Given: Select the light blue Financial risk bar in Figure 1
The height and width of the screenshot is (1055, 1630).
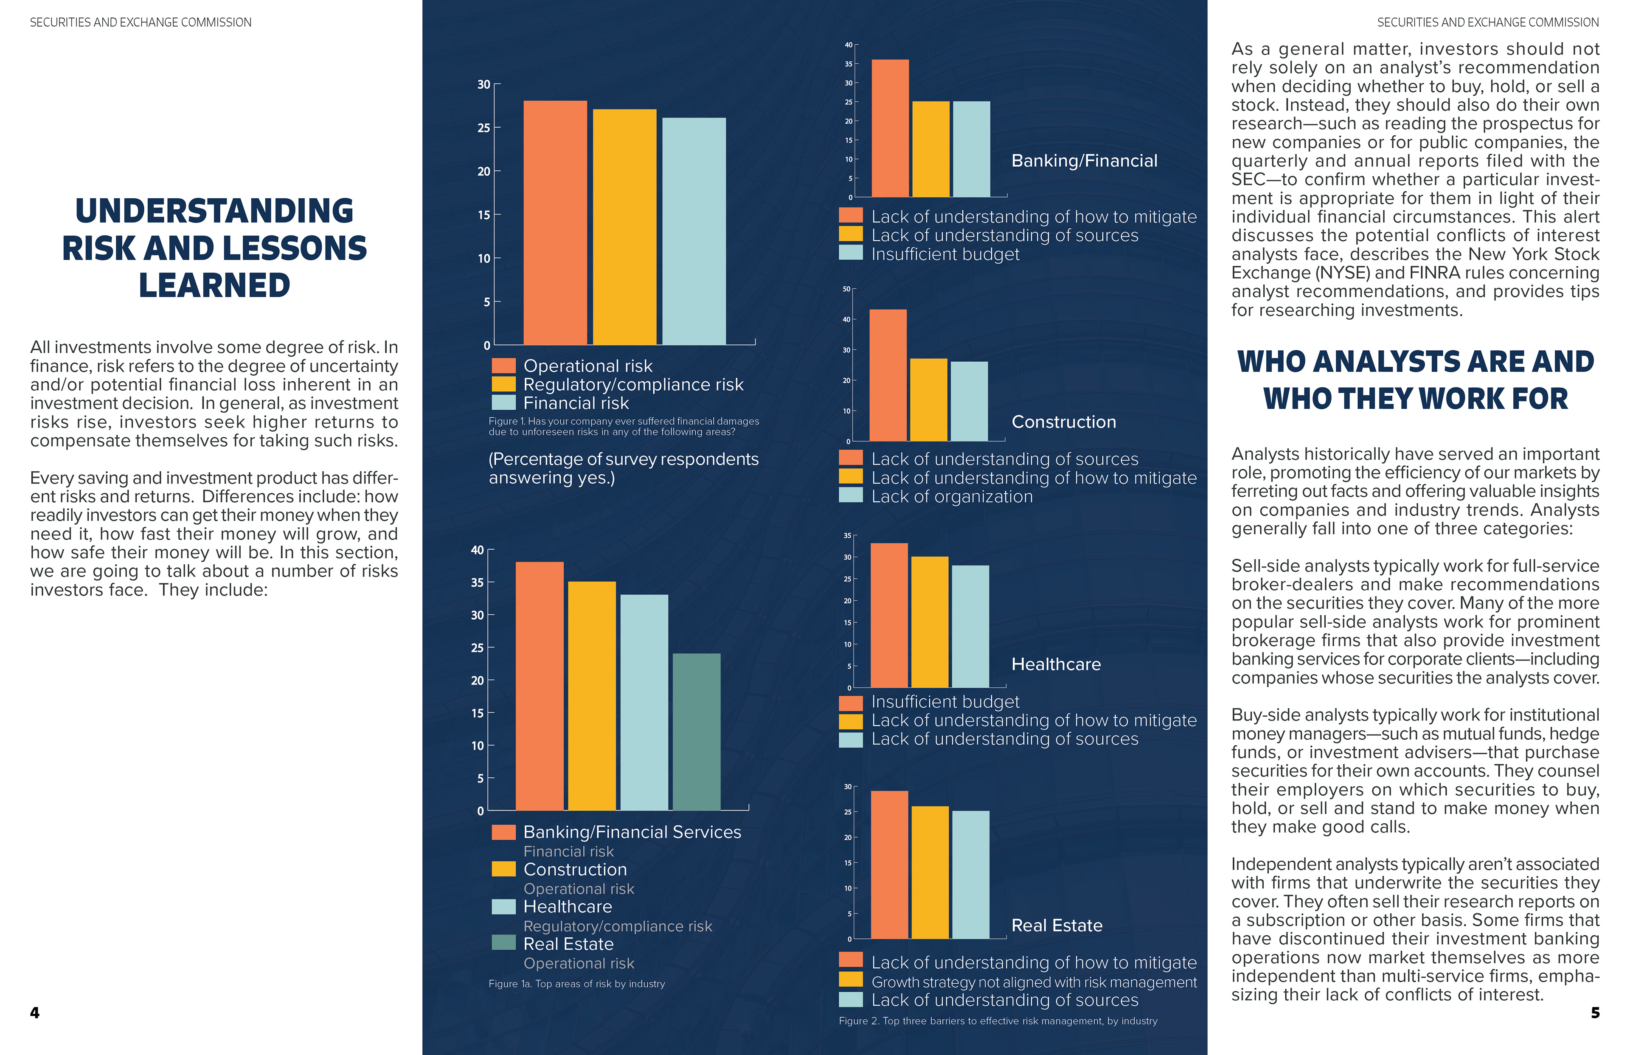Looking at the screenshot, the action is pyautogui.click(x=694, y=231).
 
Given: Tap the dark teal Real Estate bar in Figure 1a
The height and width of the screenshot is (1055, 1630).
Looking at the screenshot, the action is pyautogui.click(x=697, y=731).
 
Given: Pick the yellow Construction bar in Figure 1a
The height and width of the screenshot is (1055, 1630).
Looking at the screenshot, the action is pyautogui.click(x=592, y=696).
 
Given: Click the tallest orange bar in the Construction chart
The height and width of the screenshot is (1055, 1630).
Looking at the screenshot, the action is pyautogui.click(x=888, y=375).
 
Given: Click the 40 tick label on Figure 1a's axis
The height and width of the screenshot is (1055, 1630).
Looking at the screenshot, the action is pyautogui.click(x=478, y=550).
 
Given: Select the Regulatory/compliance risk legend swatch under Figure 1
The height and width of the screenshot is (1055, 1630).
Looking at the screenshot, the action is pyautogui.click(x=503, y=384).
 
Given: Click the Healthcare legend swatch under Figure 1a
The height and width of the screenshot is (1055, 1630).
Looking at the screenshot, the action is pyautogui.click(x=503, y=906).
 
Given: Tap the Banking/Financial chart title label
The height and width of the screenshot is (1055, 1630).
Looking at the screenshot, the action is pyautogui.click(x=1084, y=161).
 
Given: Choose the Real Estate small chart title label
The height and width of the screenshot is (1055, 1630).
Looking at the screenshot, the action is pyautogui.click(x=1057, y=926).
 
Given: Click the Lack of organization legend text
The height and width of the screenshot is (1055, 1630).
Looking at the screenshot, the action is pyautogui.click(x=952, y=497).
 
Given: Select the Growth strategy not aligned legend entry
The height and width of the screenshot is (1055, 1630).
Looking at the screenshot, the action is pyautogui.click(x=1034, y=982).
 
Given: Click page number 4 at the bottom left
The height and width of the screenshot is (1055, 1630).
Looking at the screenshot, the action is pyautogui.click(x=35, y=1013).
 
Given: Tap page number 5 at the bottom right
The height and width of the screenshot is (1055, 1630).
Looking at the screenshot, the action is pyautogui.click(x=1595, y=1013).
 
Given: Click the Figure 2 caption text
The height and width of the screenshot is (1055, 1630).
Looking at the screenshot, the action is pyautogui.click(x=998, y=1021).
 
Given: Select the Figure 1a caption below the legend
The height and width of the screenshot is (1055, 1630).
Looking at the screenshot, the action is pyautogui.click(x=577, y=984).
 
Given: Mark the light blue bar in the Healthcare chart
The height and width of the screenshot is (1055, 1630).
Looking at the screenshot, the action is pyautogui.click(x=970, y=626).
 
